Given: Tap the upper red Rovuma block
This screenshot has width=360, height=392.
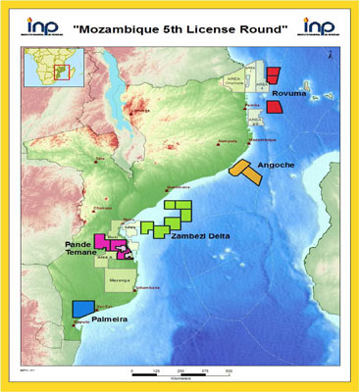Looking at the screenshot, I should click(274, 75).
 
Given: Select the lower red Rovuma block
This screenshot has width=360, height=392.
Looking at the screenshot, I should click(275, 107).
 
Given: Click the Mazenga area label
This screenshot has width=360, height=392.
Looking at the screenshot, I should click(119, 280).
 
